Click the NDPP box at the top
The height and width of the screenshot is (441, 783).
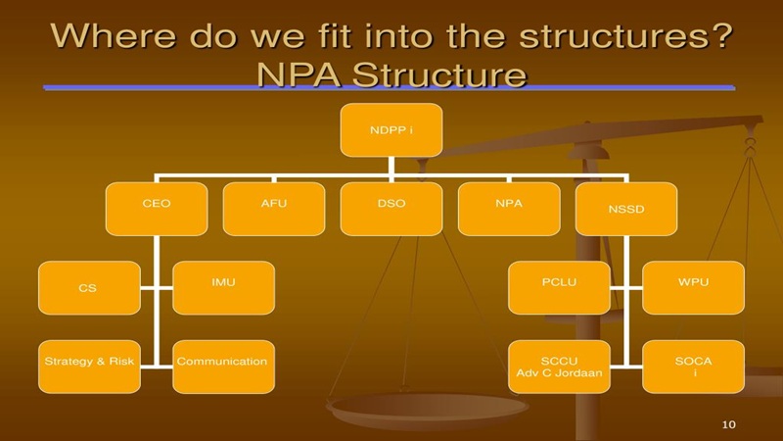pyautogui.click(x=391, y=129)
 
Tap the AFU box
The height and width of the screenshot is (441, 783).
pyautogui.click(x=273, y=208)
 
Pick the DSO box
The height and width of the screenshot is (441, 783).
pyautogui.click(x=391, y=208)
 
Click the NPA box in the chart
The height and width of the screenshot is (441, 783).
pyautogui.click(x=509, y=208)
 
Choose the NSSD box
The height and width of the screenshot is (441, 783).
pyautogui.click(x=626, y=208)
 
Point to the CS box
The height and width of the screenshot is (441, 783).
pyautogui.click(x=88, y=288)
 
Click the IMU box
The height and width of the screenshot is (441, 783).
pyautogui.click(x=223, y=287)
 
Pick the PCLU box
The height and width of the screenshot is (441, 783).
pyautogui.click(x=558, y=287)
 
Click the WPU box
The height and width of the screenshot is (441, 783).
pyautogui.click(x=693, y=287)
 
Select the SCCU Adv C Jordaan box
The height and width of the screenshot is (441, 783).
pyautogui.click(x=558, y=367)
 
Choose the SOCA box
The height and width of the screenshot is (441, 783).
pyautogui.click(x=693, y=367)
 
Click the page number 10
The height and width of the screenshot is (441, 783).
pyautogui.click(x=727, y=423)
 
